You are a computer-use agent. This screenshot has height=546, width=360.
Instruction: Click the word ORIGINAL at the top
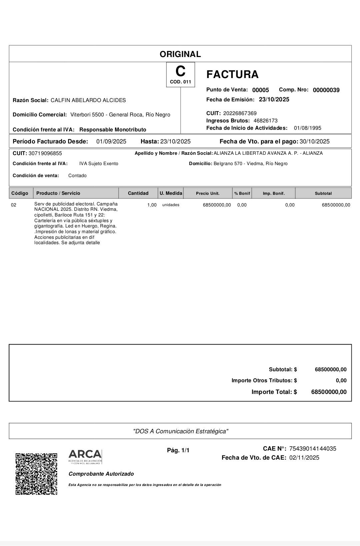[x=180, y=54]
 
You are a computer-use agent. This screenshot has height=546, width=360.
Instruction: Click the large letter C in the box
[x=180, y=71]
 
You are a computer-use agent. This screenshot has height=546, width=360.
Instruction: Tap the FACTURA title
[x=232, y=74]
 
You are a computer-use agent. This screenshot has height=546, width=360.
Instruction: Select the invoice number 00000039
[x=326, y=90]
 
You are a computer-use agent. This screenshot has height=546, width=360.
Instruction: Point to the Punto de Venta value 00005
[x=260, y=90]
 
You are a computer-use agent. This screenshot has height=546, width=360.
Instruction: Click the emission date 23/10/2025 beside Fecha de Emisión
[x=274, y=99]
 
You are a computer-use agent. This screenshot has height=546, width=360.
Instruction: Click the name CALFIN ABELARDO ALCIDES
[x=88, y=100]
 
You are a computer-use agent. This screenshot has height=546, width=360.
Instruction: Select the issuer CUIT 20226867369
[x=240, y=113]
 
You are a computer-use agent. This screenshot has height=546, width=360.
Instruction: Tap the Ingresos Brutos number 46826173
[x=265, y=121]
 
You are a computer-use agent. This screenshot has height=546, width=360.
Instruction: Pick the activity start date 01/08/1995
[x=307, y=128]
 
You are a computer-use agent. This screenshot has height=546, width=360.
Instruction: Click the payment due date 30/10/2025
[x=314, y=141]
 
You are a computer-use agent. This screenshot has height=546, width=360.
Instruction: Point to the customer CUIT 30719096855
[x=45, y=153]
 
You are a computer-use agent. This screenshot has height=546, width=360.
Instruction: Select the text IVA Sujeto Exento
[x=99, y=164]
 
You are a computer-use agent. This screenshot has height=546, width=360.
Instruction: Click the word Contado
[x=77, y=176]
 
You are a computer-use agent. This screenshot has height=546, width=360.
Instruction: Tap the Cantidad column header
[x=138, y=193]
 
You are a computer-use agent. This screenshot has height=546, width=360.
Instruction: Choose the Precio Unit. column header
[x=208, y=193]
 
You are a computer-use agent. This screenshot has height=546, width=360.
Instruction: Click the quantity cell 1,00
[x=152, y=205]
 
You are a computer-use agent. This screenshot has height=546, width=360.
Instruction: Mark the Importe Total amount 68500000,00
[x=329, y=392]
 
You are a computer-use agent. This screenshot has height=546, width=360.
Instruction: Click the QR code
[x=36, y=474]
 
